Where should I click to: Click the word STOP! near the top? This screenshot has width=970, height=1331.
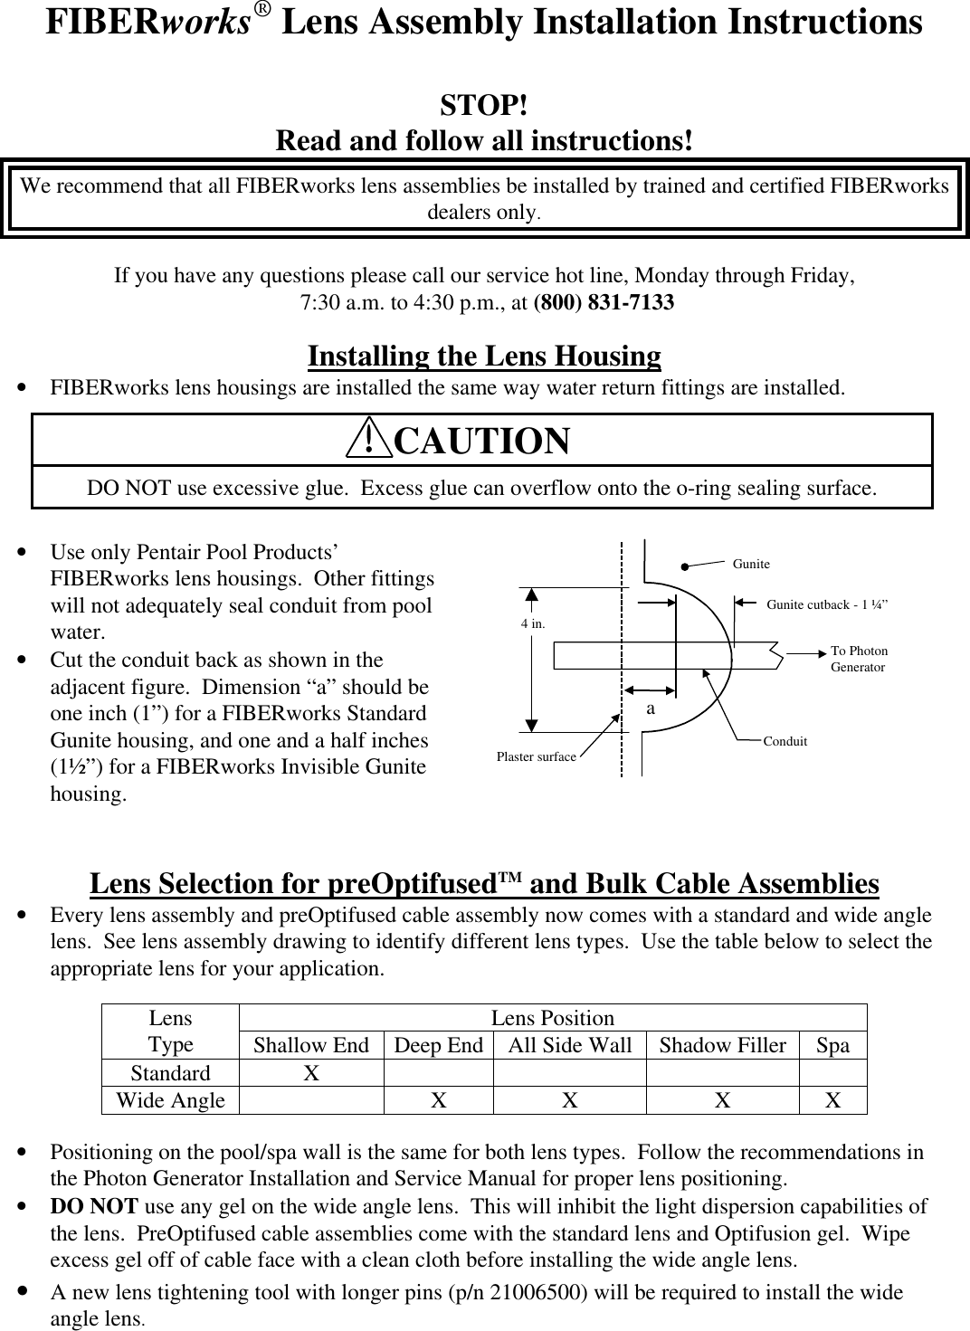[x=484, y=106]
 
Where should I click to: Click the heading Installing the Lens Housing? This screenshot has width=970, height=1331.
[x=484, y=356]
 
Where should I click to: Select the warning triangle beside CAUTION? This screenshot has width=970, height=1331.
[x=369, y=440]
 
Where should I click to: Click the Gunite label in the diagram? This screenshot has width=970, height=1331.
[x=751, y=564]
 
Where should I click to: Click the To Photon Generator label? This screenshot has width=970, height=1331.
[x=859, y=659]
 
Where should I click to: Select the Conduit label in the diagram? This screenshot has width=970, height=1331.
[x=785, y=741]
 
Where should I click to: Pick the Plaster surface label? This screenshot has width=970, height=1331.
[x=536, y=756]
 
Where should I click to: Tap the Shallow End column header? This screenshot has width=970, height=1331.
[x=310, y=1045]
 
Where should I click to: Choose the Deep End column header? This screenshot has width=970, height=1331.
[x=439, y=1045]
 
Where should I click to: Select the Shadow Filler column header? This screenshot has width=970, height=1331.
[x=722, y=1045]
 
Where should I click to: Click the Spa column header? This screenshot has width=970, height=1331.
[x=832, y=1045]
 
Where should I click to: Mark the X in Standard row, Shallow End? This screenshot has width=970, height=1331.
[x=310, y=1072]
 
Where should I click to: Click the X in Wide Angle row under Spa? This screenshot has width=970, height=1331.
[x=832, y=1099]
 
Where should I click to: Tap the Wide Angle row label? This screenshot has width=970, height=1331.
[x=170, y=1099]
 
